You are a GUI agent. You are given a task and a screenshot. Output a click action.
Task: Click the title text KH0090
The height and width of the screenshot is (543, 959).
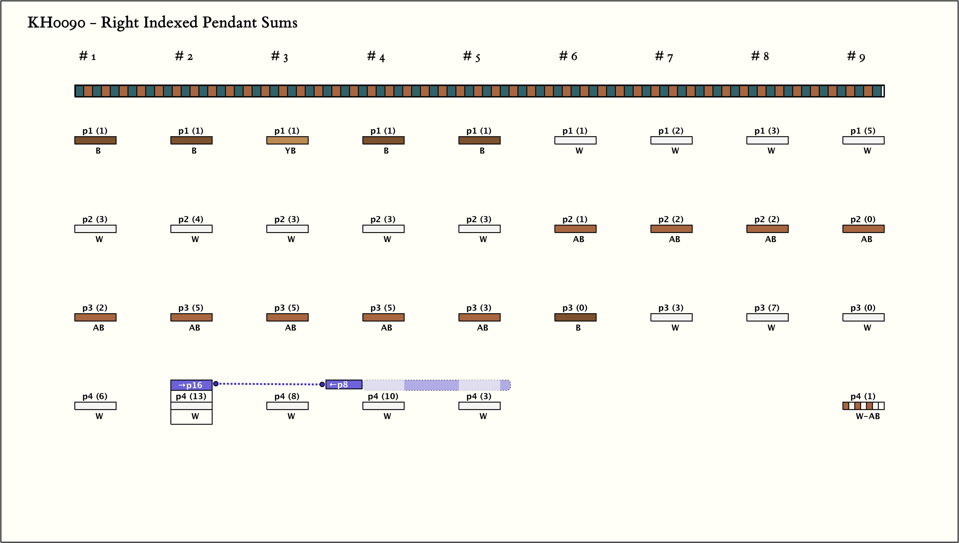[x=56, y=23]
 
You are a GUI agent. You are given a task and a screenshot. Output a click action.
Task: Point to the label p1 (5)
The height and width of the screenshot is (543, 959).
[x=863, y=131]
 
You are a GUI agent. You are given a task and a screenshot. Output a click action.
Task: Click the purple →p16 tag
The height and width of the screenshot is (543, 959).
[x=191, y=385]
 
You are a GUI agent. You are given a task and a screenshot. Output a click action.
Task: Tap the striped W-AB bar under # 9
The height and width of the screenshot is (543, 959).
[x=863, y=406]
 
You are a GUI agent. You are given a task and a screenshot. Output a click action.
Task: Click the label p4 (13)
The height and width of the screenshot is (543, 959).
[x=191, y=396]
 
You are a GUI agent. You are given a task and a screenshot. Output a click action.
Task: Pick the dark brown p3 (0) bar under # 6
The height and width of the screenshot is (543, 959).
[x=575, y=317]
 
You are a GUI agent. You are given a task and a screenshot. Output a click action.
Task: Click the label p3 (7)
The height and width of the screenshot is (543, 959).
[x=767, y=308]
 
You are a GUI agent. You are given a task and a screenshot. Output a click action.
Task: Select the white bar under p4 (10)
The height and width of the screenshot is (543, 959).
[x=383, y=406]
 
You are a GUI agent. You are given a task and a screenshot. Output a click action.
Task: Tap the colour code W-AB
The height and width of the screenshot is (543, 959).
[x=868, y=416]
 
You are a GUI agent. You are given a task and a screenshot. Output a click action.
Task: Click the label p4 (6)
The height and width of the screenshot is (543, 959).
[x=95, y=396]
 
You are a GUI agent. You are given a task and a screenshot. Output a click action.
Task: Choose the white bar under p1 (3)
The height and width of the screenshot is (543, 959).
[x=767, y=140]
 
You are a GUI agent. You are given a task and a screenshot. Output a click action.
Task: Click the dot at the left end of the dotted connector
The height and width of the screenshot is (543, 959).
[x=216, y=384]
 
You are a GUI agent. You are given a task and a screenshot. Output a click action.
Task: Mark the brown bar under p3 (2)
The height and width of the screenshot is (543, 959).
[x=95, y=317]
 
